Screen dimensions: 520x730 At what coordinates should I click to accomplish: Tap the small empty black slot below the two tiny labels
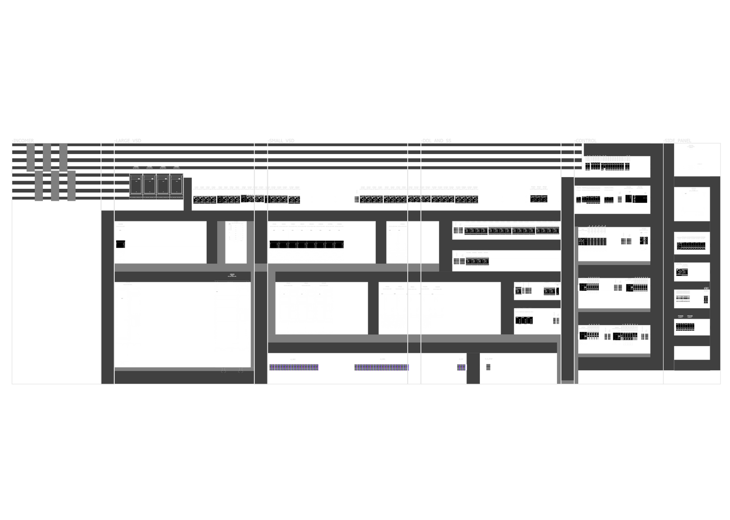click(691, 352)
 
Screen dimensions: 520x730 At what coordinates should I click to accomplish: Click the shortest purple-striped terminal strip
click(461, 367)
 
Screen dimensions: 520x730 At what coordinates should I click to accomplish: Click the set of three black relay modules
click(525, 319)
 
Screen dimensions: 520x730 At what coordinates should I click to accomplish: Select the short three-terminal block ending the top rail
click(539, 198)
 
